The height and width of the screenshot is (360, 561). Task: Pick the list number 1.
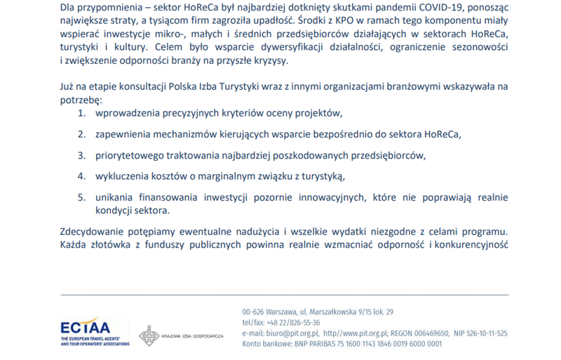(x=81, y=113)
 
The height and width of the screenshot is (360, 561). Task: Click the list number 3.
(x=81, y=154)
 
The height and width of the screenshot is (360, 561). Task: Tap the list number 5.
(x=81, y=197)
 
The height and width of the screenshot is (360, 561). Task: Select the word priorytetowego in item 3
(x=130, y=154)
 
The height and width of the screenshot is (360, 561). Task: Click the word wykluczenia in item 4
(x=123, y=175)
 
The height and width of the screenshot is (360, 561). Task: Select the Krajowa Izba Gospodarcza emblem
(x=148, y=336)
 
